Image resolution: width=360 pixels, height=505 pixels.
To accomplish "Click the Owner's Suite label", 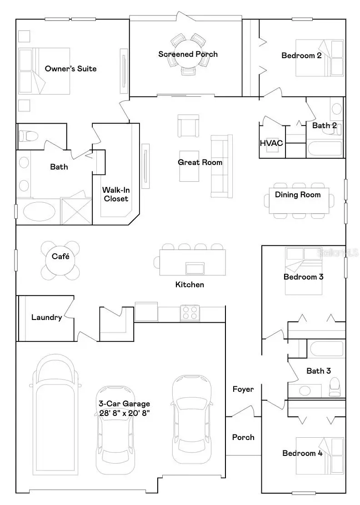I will (70, 69).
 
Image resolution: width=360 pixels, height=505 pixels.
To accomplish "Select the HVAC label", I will (271, 143).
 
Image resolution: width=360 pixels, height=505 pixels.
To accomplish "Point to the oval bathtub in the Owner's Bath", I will (39, 212).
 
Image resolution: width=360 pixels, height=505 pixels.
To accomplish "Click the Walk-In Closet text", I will (115, 195).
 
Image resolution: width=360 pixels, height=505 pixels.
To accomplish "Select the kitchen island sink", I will (195, 268).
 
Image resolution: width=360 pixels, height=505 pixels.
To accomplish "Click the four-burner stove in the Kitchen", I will (190, 313).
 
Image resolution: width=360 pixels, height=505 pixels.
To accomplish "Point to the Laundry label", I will (46, 317).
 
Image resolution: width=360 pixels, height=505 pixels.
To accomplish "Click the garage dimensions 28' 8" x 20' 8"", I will (124, 413).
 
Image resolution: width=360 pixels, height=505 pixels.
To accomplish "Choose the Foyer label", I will (243, 389).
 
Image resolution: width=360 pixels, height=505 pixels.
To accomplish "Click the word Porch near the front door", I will (243, 437).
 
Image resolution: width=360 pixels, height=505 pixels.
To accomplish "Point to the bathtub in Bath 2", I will (325, 149).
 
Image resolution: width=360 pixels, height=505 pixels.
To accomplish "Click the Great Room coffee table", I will (188, 165).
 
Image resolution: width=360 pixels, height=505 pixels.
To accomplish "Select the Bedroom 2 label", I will (301, 55).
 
